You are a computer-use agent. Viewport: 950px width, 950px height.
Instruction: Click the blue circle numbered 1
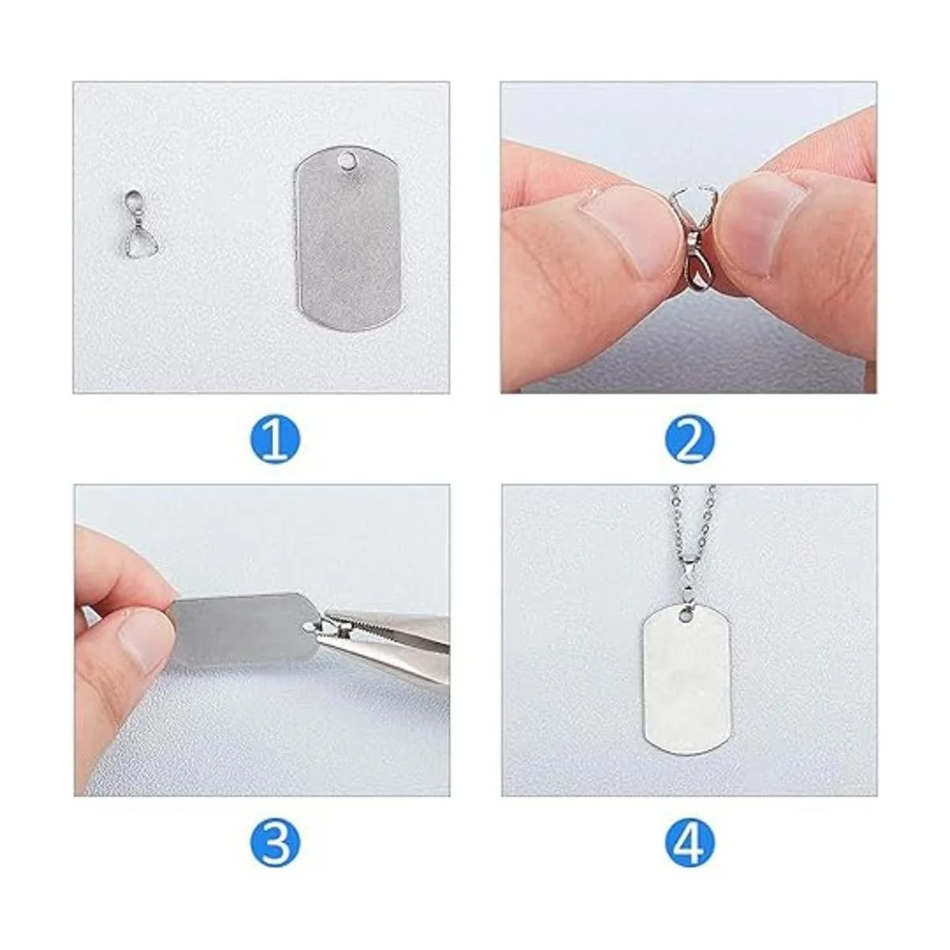275,439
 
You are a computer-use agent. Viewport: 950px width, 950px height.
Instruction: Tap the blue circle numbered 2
690,439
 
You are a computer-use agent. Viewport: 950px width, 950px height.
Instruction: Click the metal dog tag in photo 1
347,238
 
